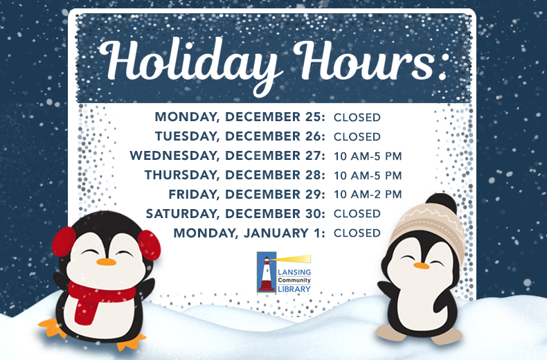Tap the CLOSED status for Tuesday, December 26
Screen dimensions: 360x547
point(357,136)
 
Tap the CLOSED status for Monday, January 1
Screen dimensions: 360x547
point(357,233)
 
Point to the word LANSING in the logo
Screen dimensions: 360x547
point(295,272)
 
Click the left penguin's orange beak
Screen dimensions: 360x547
point(106,262)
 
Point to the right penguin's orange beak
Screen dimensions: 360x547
point(420,265)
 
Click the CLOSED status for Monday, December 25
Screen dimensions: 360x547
point(357,117)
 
